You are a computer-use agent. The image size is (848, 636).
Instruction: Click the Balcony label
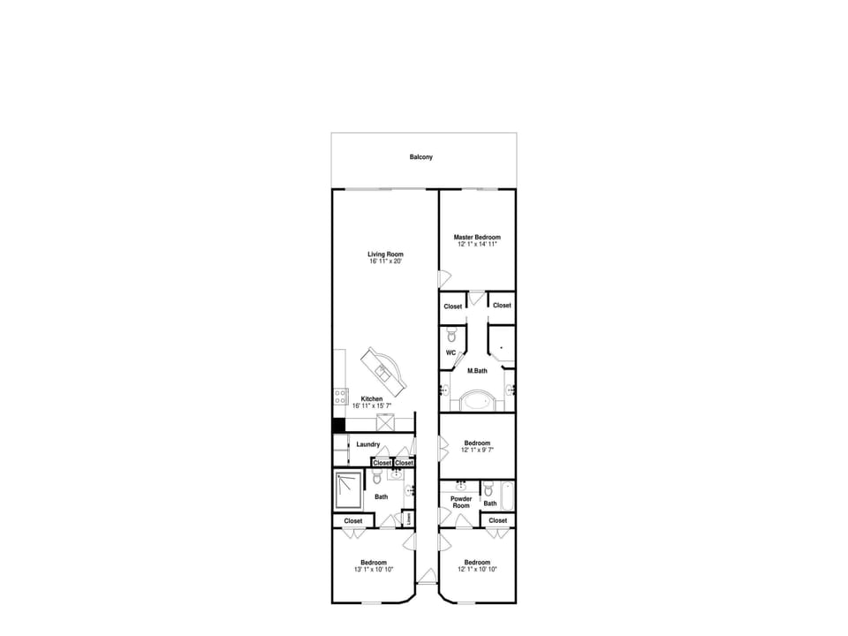pos(421,157)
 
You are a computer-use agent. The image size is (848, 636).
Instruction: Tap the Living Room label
pos(385,255)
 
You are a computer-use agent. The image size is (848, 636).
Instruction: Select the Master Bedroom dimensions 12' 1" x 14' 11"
pos(477,244)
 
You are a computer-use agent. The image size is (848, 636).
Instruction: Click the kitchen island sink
pos(385,370)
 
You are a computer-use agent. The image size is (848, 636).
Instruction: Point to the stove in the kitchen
pos(339,397)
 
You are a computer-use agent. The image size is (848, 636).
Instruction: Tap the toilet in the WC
pos(450,335)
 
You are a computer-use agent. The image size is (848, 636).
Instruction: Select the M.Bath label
pos(477,370)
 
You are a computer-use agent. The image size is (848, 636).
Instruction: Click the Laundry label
pos(368,444)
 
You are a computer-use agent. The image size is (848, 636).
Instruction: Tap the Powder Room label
pos(461,502)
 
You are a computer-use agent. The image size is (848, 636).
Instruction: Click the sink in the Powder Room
pos(461,485)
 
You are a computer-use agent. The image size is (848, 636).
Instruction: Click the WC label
pos(450,353)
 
